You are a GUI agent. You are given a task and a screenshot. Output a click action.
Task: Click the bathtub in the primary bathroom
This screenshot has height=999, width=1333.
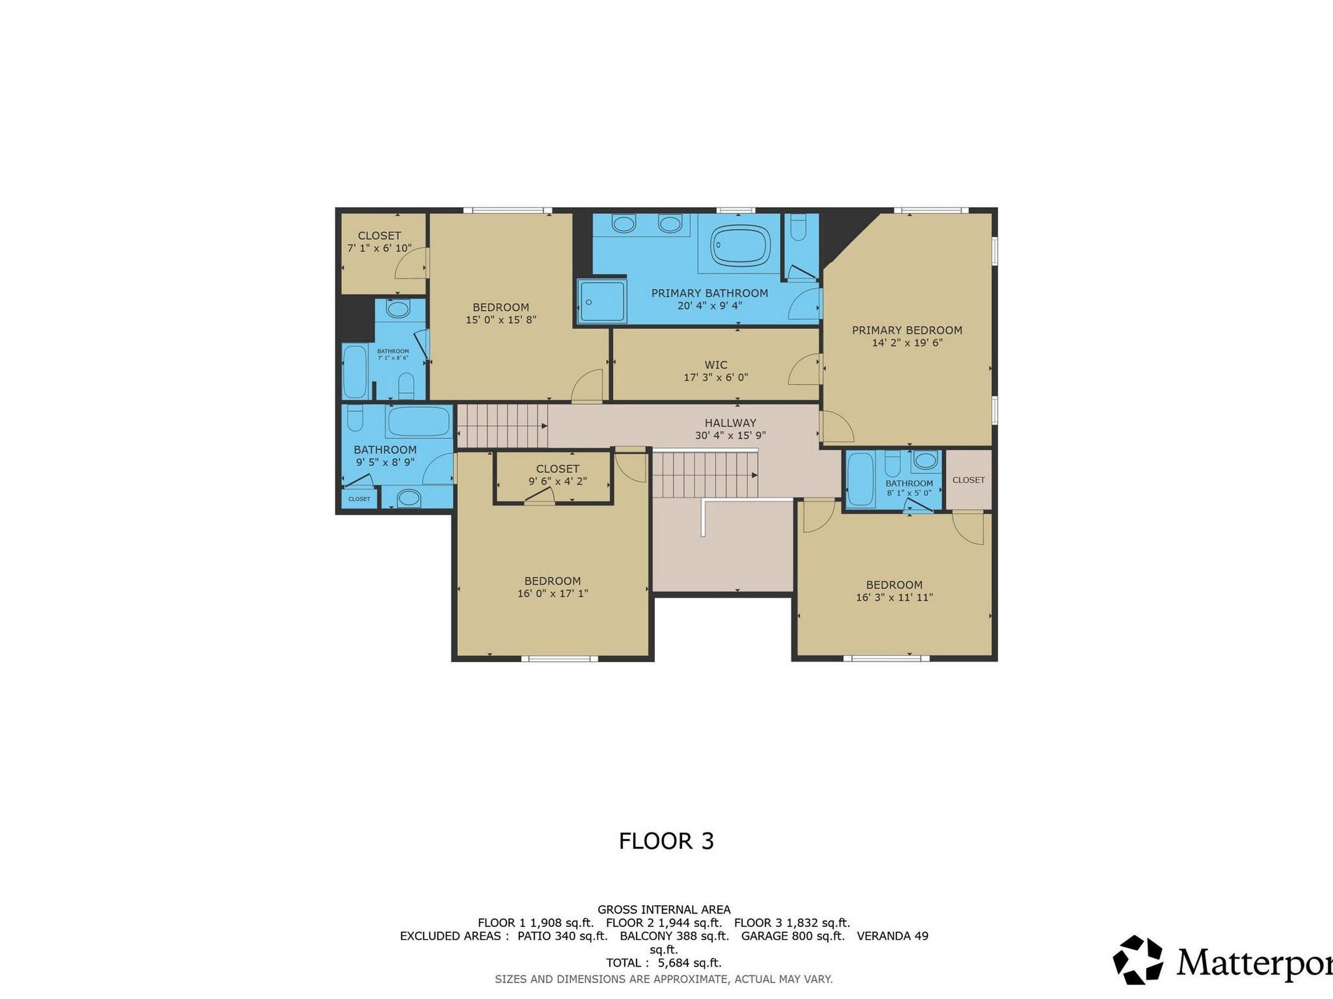(740, 245)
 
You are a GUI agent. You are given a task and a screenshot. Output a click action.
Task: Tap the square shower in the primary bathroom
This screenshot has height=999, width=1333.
(603, 302)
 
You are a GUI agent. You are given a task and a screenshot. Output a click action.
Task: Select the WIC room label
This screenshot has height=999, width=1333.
(716, 365)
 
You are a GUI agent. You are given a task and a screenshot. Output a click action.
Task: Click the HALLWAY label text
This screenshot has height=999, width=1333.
(730, 423)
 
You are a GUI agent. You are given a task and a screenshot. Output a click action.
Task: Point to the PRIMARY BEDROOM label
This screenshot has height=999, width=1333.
(907, 330)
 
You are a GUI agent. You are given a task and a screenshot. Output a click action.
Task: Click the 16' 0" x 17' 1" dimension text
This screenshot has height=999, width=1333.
(553, 593)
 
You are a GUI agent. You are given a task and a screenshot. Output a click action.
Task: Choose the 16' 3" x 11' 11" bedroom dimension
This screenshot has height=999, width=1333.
(894, 597)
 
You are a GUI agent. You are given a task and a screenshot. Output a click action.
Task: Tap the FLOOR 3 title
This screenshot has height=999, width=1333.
(666, 841)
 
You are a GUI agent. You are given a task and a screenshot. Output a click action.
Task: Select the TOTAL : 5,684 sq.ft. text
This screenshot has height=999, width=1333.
(664, 963)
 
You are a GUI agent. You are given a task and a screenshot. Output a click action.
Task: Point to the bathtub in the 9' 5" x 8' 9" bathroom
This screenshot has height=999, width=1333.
(419, 421)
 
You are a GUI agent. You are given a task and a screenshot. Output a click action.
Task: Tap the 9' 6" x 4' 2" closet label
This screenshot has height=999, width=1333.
(558, 481)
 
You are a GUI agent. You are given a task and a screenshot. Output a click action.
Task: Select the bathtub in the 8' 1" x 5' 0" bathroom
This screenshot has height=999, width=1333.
(860, 481)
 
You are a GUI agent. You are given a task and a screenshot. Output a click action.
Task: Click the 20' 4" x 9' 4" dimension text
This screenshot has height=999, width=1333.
(710, 305)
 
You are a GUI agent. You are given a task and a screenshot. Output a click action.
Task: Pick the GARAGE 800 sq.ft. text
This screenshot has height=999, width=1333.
(793, 936)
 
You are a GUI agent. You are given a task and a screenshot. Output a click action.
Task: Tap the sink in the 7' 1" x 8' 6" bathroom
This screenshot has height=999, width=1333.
(397, 310)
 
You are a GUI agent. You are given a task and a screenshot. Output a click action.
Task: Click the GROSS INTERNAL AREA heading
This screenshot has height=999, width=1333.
(664, 909)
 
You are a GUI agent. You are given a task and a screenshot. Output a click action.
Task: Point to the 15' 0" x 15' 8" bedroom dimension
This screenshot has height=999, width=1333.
(501, 320)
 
